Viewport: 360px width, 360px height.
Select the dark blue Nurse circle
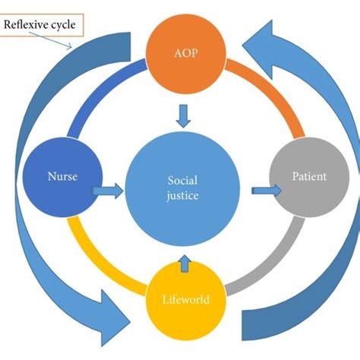[58, 177]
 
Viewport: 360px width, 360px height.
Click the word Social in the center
[181, 180]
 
